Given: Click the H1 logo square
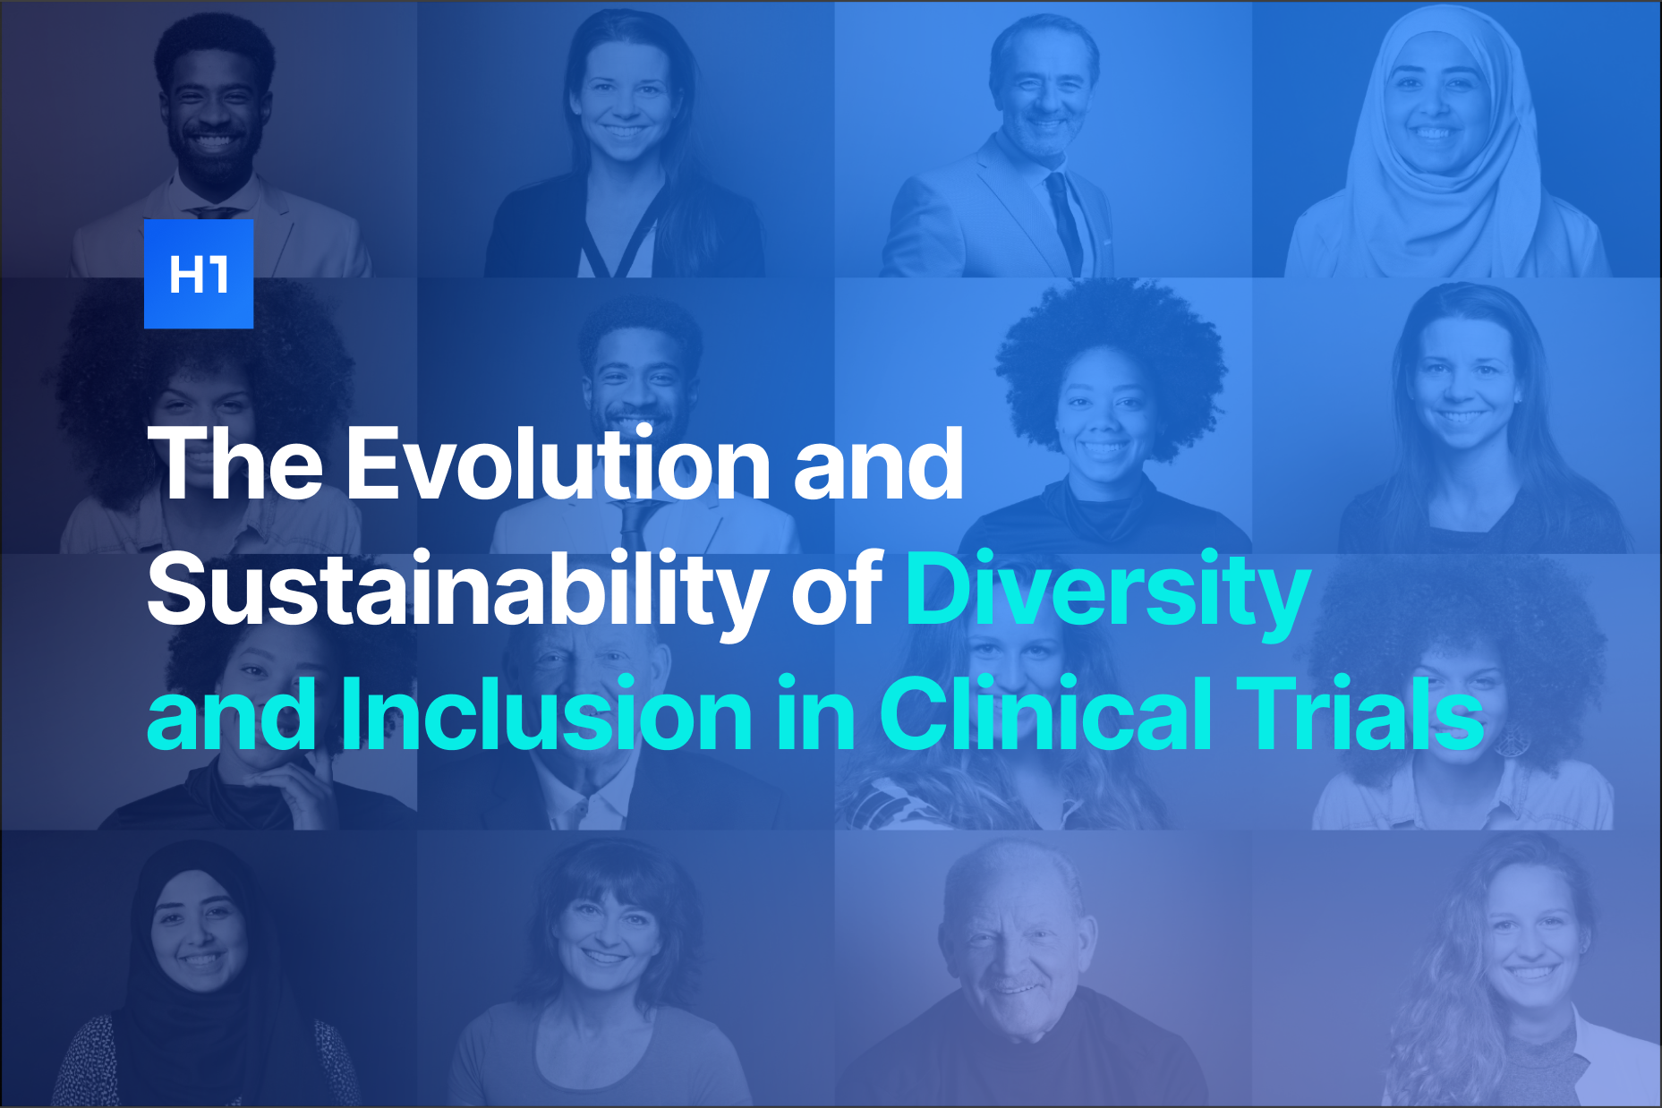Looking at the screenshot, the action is (199, 274).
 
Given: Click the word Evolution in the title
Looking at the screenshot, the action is (558, 464).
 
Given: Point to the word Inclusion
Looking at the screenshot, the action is (547, 714).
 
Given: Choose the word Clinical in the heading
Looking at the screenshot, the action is (1046, 714).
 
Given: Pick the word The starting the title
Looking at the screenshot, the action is (235, 464).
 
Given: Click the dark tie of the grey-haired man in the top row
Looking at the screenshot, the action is (1065, 219).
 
